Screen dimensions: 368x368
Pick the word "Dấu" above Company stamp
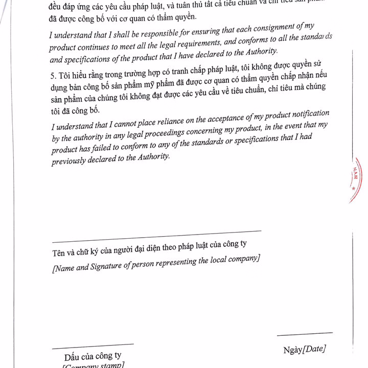pos(73,357)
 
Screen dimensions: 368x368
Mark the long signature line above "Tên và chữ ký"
pos(156,236)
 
